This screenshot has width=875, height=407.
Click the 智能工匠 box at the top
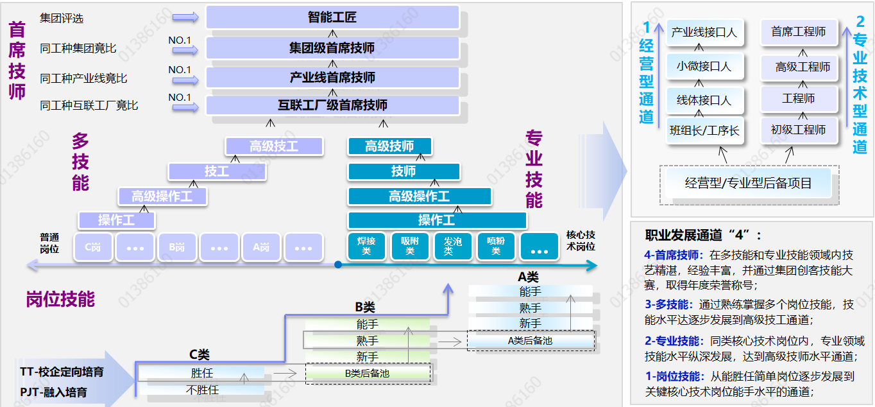coord(332,17)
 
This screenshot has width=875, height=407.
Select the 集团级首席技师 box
coord(332,48)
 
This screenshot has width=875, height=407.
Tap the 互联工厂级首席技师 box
coord(332,105)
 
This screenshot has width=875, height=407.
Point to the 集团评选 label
coord(62,18)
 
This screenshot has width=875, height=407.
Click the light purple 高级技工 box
coord(274,146)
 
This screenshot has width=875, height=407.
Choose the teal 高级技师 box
coord(389,146)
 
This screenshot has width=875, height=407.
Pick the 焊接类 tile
coord(366,247)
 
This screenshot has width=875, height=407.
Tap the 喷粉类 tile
coord(496,247)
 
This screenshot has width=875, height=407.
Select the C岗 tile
coord(94,247)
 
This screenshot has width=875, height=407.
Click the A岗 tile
coord(261,247)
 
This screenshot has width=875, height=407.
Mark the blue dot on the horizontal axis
coord(338,264)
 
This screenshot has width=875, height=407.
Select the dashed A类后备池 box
coord(530,341)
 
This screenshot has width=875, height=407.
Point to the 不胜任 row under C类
coord(202,390)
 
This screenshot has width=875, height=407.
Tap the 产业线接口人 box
coord(704,32)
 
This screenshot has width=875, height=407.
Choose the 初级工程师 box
coord(799,130)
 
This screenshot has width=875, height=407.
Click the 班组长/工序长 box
coord(704,130)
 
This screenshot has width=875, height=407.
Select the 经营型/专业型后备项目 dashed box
coord(749,183)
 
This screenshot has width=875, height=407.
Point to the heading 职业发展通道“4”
coord(703,235)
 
